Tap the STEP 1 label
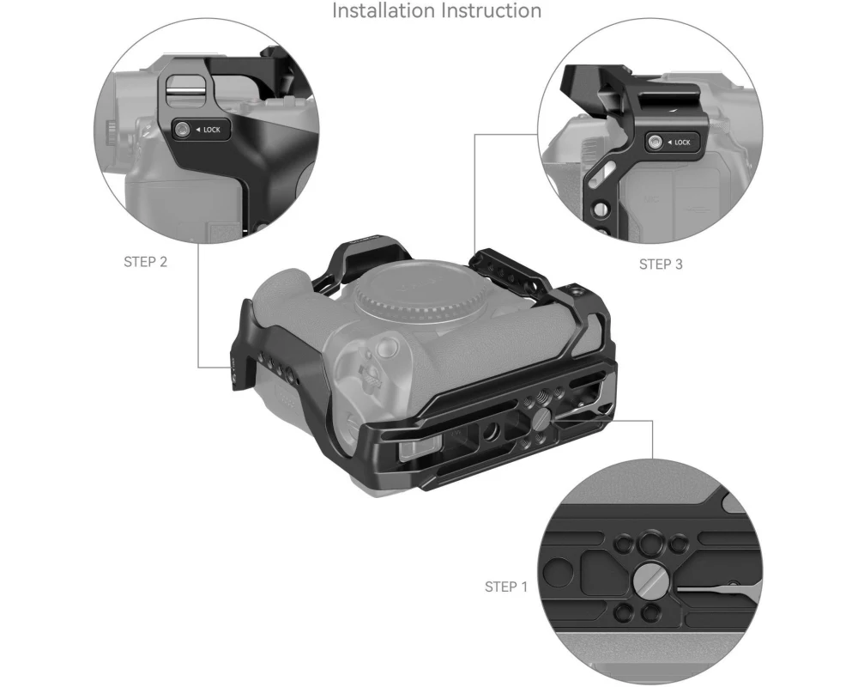506,587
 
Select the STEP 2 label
146,262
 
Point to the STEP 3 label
661,264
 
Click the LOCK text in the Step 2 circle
212,130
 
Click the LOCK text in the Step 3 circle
682,143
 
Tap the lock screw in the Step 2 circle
182,130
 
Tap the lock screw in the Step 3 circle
654,143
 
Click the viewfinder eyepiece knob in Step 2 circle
111,132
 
